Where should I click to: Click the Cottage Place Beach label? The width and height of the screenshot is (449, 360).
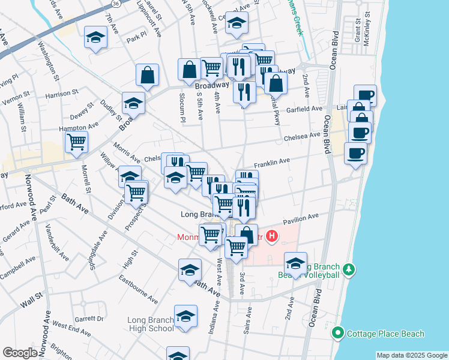[x=385, y=334]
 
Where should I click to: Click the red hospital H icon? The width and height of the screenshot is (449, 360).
[x=272, y=236]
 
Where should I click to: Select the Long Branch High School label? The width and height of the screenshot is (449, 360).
[x=151, y=324]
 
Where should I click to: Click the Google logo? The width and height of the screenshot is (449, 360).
[x=20, y=353]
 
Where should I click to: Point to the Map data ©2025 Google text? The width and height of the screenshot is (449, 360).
[x=411, y=355]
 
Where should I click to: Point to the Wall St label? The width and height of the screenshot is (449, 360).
[x=31, y=299]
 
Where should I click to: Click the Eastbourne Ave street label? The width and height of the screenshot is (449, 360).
[x=138, y=289]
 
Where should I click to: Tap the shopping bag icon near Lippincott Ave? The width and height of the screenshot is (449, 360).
[x=147, y=74]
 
